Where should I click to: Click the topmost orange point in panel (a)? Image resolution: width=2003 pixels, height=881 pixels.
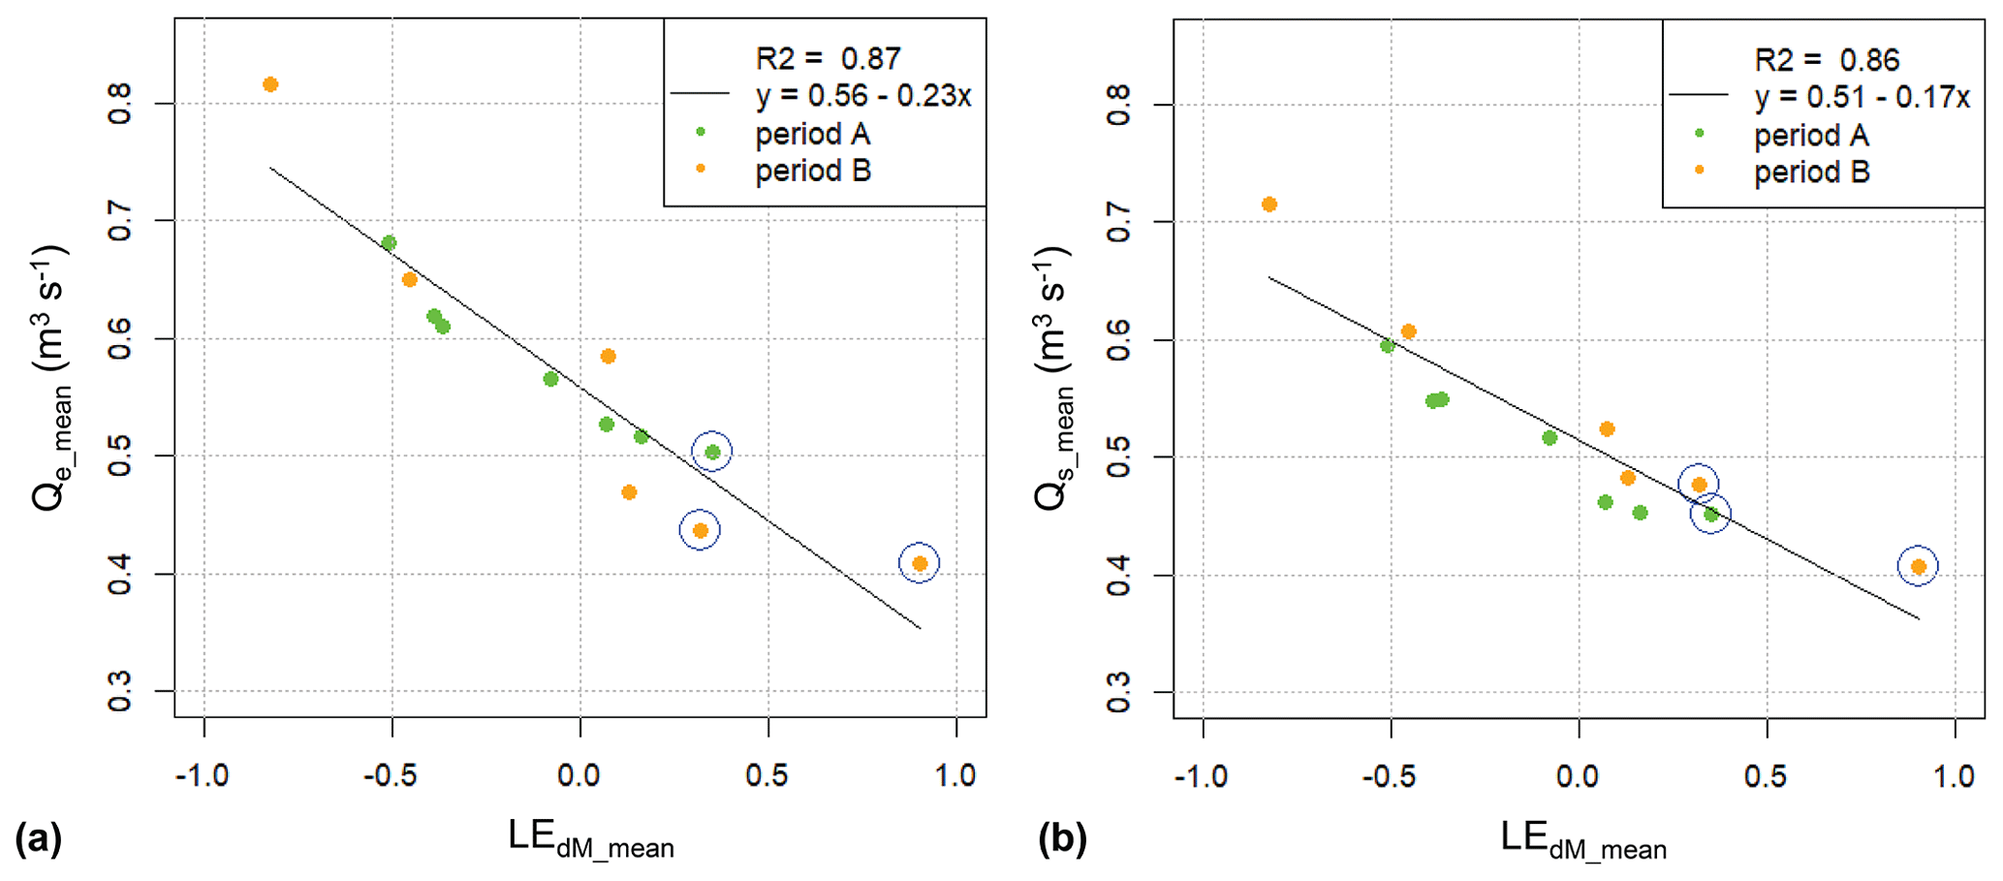point(270,84)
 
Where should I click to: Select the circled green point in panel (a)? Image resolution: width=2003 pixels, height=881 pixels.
point(712,452)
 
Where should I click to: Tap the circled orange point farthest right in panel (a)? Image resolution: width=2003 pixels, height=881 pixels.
point(920,563)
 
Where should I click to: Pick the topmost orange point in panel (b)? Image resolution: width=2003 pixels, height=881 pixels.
point(1269,205)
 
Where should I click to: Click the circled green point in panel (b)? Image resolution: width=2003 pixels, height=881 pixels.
point(1711,515)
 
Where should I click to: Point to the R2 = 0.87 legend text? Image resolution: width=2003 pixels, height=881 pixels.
point(828,59)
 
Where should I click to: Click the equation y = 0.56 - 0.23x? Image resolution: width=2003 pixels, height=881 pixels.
point(862,96)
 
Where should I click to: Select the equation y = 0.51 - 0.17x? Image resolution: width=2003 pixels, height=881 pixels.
point(1862,97)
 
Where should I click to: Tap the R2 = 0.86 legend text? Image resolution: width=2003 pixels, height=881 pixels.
point(1827,60)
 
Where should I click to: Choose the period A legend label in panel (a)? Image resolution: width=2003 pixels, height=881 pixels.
point(812,134)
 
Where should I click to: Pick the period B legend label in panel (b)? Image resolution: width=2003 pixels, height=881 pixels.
point(1811,173)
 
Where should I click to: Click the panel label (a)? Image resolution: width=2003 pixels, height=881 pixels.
point(39,837)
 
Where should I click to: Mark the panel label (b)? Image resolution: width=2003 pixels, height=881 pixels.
point(1062,837)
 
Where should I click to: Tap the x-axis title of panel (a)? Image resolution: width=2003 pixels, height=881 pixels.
point(590,839)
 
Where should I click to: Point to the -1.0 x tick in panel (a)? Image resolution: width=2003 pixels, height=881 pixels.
point(202,775)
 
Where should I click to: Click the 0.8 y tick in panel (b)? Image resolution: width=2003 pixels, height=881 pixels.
point(1118,105)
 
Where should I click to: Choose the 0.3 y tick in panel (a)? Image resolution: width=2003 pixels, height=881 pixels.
point(119,691)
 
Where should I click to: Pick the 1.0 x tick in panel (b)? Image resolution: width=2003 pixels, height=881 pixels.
point(1954,775)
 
